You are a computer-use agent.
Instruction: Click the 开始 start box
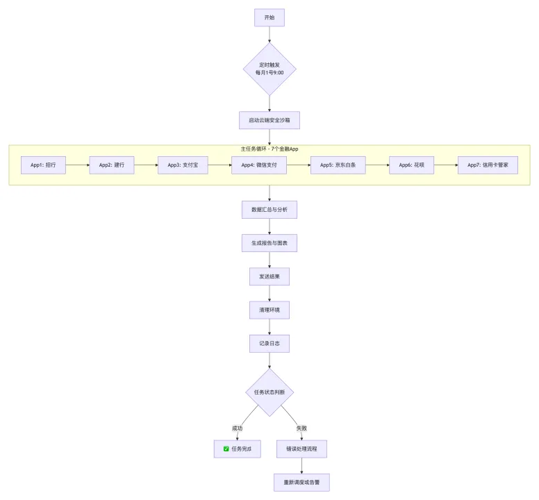[x=269, y=17]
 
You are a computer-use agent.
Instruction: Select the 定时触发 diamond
[x=269, y=69]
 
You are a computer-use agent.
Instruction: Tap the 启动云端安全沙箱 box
[x=269, y=120]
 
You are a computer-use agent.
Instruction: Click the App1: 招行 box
[x=43, y=165]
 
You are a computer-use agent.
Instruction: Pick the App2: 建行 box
[x=111, y=165]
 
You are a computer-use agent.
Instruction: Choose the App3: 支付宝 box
[x=183, y=165]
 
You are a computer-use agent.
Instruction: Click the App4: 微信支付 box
[x=259, y=165]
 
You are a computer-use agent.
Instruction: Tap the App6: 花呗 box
[x=411, y=165]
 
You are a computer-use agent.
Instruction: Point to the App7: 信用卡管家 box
[x=488, y=165]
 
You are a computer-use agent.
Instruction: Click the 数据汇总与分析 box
[x=269, y=210]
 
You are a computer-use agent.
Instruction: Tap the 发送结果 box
[x=269, y=276]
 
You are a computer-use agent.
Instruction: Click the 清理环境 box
[x=269, y=310]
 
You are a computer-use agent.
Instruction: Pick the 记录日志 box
[x=269, y=343]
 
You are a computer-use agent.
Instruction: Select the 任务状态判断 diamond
[x=269, y=392]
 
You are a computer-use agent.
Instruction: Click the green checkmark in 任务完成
[x=226, y=449]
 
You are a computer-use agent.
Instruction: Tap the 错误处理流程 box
[x=301, y=449]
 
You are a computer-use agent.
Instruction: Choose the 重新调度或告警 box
[x=301, y=483]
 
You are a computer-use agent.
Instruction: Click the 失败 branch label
[x=301, y=428]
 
